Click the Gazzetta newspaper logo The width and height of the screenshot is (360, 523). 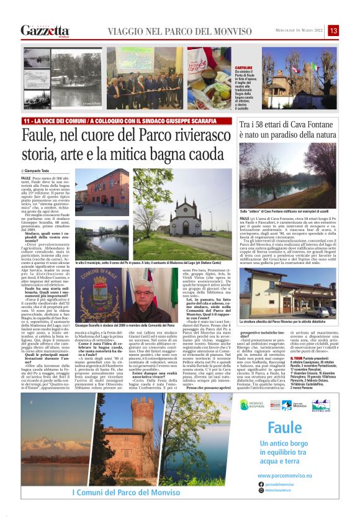[45, 30]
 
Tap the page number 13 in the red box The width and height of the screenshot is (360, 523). [333, 30]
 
